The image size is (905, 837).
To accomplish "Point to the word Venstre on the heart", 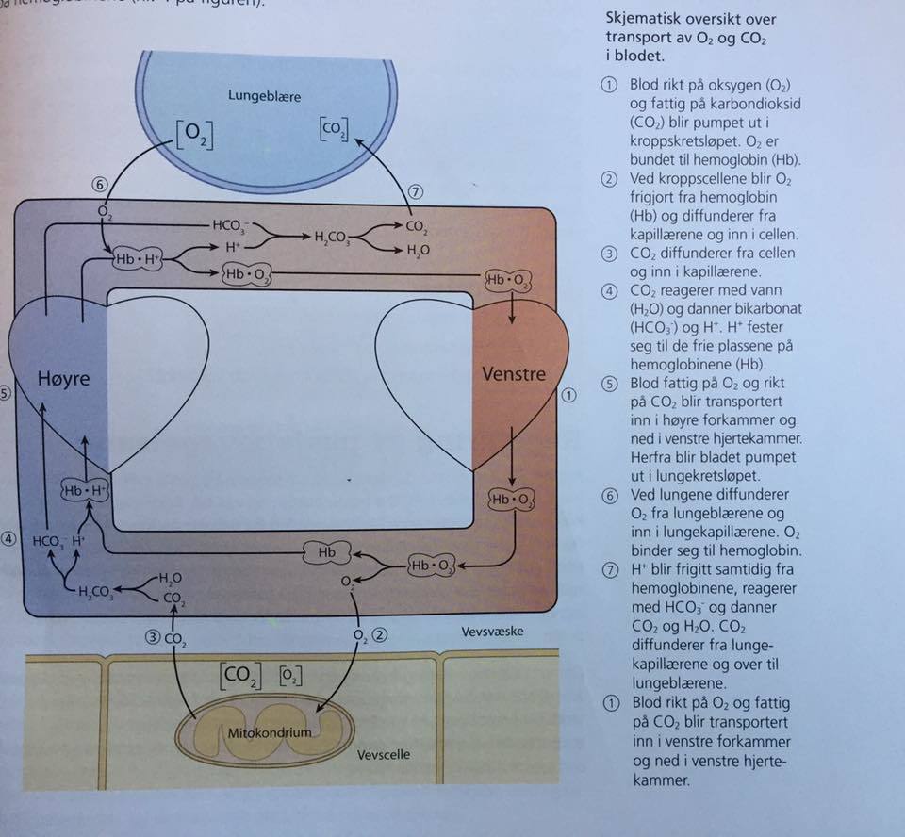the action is (514, 373).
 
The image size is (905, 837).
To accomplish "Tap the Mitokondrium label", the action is (270, 730).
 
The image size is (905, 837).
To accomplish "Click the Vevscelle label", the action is (384, 754).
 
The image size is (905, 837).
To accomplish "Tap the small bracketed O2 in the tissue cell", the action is (289, 676).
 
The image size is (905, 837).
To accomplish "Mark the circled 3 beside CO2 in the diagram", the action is (152, 637).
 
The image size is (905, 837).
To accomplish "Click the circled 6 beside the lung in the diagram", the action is (100, 185).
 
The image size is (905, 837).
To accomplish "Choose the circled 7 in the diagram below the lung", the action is (416, 191).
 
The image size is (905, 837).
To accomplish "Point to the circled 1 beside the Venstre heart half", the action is (568, 396).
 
